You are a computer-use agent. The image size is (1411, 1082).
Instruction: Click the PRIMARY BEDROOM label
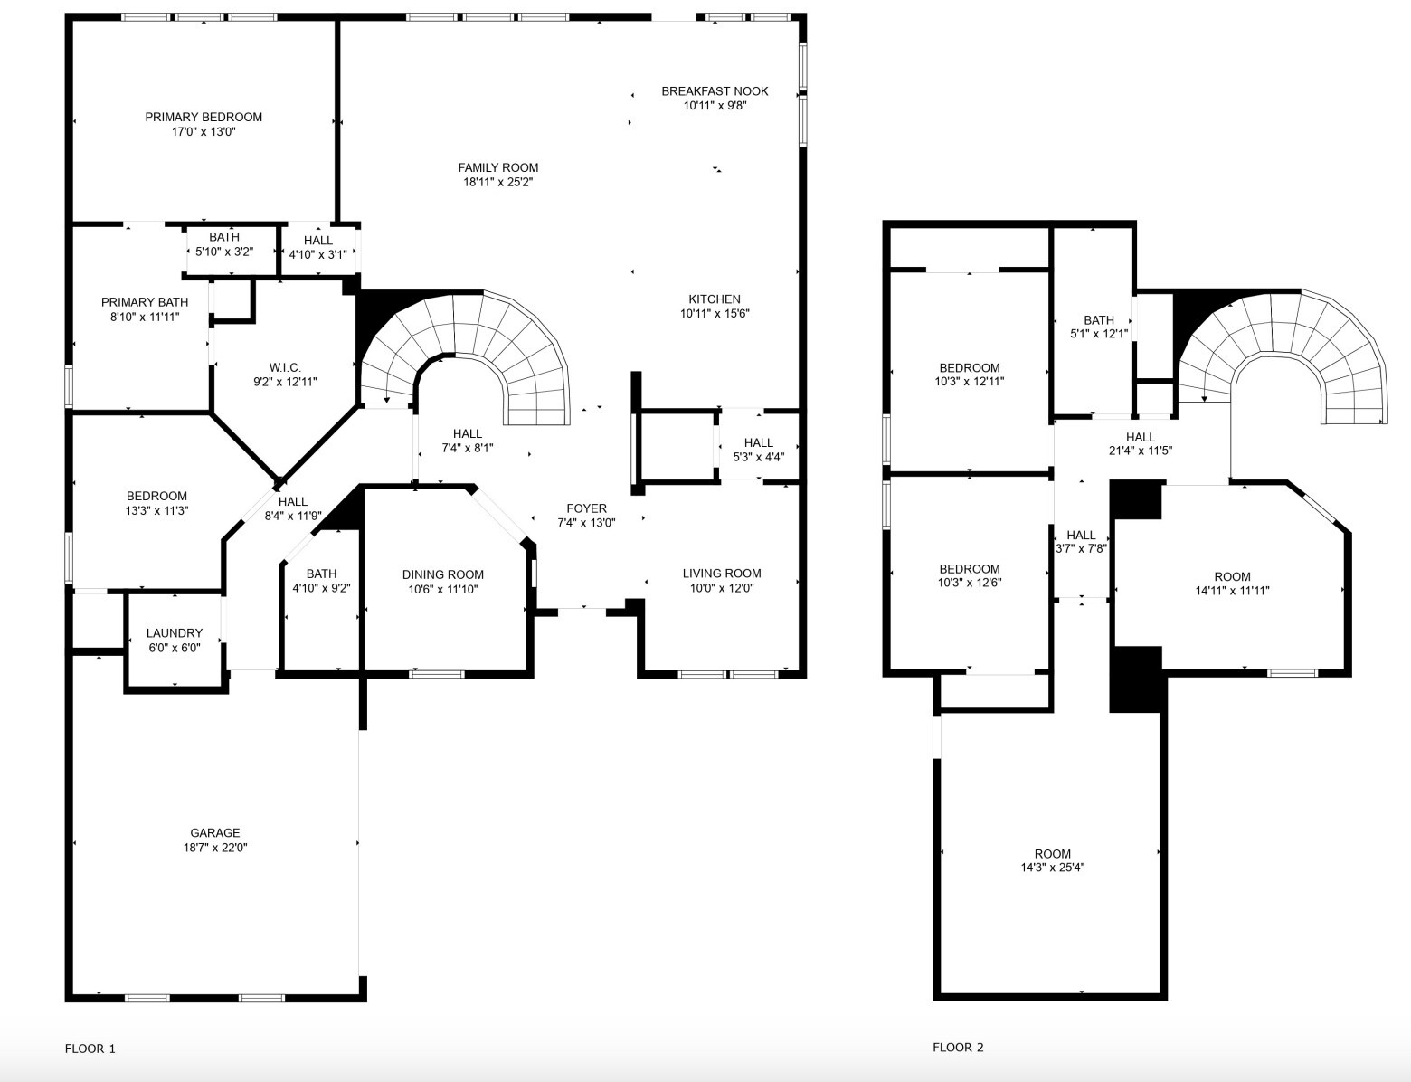[204, 117]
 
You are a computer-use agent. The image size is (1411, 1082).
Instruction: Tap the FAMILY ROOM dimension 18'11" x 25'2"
[497, 183]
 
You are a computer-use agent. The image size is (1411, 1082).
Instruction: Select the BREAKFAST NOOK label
[715, 90]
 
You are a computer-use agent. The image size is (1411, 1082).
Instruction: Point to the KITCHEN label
[715, 299]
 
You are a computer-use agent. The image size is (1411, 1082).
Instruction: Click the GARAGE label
[215, 833]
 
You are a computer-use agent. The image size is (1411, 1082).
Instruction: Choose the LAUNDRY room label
[175, 633]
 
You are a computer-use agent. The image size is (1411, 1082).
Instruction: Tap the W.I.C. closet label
[285, 367]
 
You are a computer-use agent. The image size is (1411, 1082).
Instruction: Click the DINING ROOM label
[443, 574]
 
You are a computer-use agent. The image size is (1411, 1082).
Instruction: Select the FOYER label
[586, 508]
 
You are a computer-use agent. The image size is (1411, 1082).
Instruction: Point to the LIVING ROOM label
[722, 573]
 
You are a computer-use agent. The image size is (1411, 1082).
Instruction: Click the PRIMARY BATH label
[145, 302]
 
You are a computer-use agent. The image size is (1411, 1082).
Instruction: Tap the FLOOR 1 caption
[90, 1049]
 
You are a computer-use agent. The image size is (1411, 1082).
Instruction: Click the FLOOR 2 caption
[958, 1048]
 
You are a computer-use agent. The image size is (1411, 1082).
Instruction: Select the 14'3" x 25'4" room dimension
[1053, 868]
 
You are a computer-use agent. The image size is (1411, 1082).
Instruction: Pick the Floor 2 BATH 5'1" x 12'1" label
[1099, 320]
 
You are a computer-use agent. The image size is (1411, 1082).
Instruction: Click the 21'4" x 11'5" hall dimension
[1141, 451]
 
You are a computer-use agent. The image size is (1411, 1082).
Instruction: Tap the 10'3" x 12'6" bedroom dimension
[970, 583]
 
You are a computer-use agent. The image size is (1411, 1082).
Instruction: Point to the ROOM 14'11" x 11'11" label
[1232, 576]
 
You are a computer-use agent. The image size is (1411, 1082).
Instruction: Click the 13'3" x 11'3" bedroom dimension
[157, 510]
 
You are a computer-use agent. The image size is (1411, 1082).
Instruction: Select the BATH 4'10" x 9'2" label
[321, 574]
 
